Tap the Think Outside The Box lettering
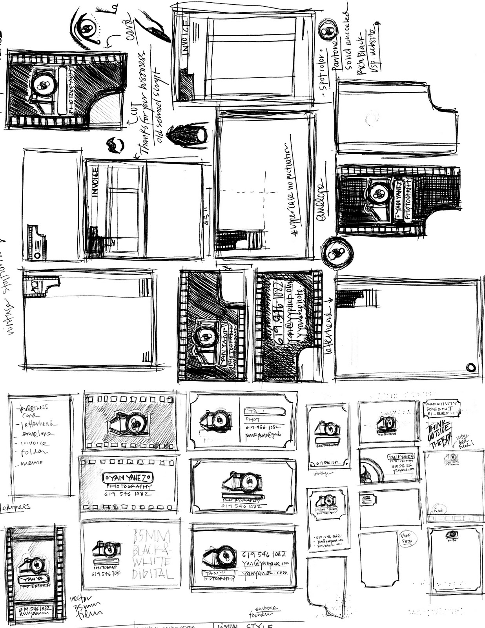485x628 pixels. pos(440,435)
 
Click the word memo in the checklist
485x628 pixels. pos(33,463)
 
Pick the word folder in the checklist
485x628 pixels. pos(35,453)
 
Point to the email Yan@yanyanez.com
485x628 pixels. pos(265,564)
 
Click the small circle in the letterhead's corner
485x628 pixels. pos(470,367)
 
